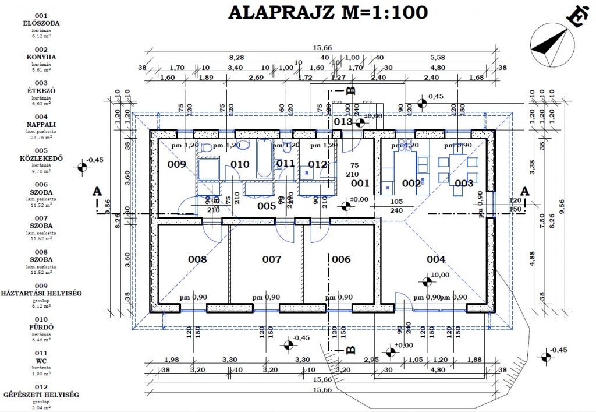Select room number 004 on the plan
[436, 259]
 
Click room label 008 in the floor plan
[197, 259]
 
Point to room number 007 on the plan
[271, 259]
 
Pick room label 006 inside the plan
[341, 259]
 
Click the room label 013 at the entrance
[343, 122]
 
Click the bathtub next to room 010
[264, 159]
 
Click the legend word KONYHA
[41, 57]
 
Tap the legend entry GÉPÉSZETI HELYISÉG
[41, 395]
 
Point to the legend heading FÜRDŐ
[41, 327]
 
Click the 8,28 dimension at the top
[236, 58]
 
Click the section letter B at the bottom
[350, 350]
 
